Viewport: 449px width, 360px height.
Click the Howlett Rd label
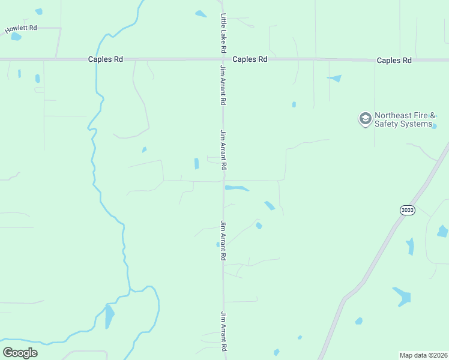coord(21,29)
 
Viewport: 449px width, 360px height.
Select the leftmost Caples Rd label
coord(105,59)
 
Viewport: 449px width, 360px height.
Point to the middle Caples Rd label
coord(250,59)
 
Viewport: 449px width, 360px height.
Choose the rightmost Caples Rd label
coord(394,61)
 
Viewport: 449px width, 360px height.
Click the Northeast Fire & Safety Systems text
coord(403,120)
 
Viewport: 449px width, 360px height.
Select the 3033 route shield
coord(407,210)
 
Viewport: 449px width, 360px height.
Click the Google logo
coord(20,353)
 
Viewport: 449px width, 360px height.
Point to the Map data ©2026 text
coord(424,355)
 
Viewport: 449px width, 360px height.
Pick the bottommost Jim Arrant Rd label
coord(223,331)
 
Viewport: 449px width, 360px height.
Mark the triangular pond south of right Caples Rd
coord(335,78)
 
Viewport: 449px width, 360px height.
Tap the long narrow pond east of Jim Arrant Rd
coord(237,188)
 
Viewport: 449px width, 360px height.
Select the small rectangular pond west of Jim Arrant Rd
coord(196,163)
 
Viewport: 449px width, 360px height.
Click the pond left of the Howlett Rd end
coord(16,37)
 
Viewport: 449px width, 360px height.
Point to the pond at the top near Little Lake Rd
coord(200,14)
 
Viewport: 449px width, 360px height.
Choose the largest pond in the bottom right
coord(402,296)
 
